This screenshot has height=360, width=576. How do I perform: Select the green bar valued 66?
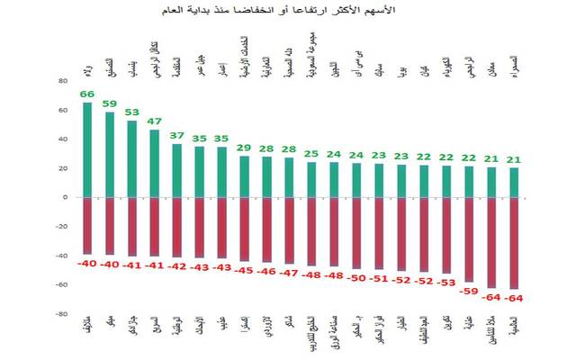[87, 149]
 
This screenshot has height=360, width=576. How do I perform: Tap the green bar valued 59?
[110, 154]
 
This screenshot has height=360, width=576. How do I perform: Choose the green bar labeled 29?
[245, 176]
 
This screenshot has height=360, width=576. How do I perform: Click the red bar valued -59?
[470, 239]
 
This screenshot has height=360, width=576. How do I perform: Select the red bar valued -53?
[447, 235]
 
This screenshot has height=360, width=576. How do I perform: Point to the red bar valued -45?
[245, 229]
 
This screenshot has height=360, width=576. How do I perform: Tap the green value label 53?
[132, 112]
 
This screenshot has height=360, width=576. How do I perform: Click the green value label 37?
[177, 136]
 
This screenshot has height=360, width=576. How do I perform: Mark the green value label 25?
[312, 154]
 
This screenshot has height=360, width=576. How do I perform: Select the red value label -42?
[177, 266]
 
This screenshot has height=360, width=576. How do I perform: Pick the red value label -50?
[357, 278]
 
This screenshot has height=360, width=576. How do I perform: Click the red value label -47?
[290, 271]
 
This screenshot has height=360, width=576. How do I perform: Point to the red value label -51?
[380, 279]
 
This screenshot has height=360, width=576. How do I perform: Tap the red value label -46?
[267, 270]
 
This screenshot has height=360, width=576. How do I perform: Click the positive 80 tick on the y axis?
[63, 81]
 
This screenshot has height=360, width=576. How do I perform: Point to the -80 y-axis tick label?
[61, 314]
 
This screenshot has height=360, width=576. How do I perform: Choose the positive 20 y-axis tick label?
[63, 168]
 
